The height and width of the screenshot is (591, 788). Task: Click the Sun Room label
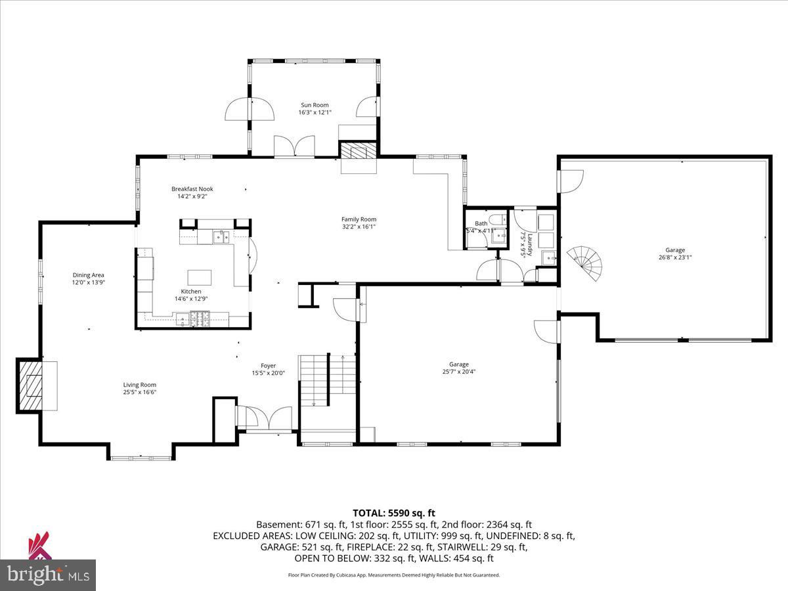coord(315,105)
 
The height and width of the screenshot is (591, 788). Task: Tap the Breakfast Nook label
coord(192,189)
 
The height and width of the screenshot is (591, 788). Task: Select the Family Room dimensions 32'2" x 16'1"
coord(359,227)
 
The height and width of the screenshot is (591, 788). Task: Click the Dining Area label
coord(88,275)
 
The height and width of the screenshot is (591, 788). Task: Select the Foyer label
coord(268,366)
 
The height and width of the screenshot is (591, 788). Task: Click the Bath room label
coord(481,223)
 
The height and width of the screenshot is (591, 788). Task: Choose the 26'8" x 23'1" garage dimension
coord(675,258)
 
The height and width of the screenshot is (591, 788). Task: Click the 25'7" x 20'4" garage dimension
coord(458,372)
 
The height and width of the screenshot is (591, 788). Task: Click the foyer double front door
coord(265,418)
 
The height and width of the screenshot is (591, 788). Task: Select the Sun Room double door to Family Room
coord(294,146)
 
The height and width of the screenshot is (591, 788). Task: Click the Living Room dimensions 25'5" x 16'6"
coord(139,393)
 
